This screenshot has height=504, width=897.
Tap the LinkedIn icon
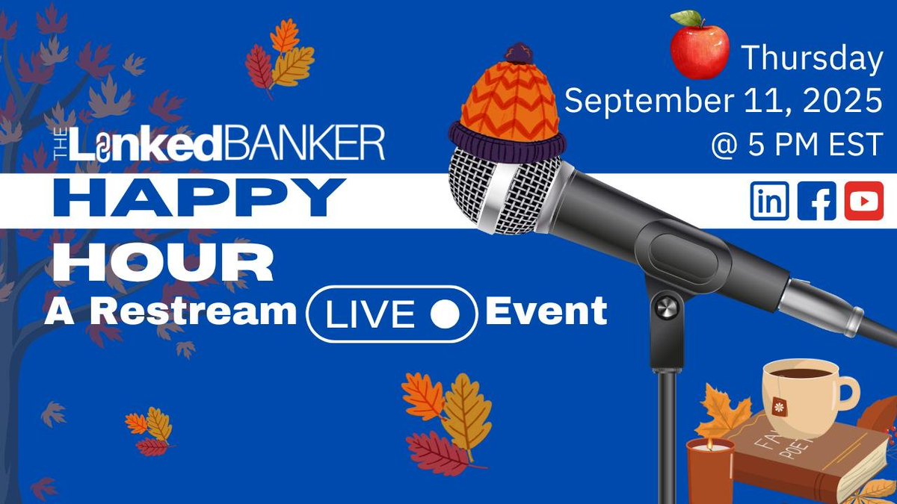coord(769,202)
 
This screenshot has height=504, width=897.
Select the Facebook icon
coord(816,202)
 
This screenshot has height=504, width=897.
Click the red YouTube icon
coord(864,202)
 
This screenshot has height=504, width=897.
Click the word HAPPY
coord(195,200)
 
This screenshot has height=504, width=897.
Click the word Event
coord(546,311)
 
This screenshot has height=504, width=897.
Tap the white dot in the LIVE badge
coord(446,314)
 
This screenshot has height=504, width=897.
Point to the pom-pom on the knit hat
coord(516,53)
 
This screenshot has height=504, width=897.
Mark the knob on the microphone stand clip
coord(662,307)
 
